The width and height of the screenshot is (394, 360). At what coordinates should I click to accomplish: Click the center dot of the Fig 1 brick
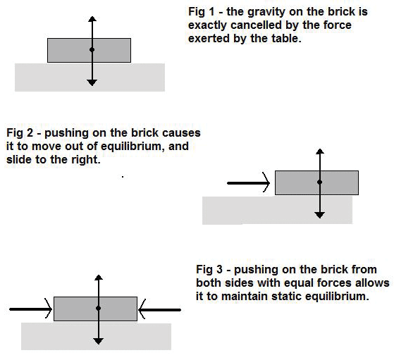pos(92,50)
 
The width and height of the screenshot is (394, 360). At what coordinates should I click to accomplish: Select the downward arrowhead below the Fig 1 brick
pos(92,82)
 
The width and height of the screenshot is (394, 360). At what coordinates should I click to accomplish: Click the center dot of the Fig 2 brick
pos(319,182)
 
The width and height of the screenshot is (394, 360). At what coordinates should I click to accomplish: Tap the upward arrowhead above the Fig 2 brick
pos(319,153)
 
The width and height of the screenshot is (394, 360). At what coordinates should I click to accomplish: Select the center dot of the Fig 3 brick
pos(98,309)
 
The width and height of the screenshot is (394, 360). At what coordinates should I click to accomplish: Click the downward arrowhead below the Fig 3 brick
pos(98,340)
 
